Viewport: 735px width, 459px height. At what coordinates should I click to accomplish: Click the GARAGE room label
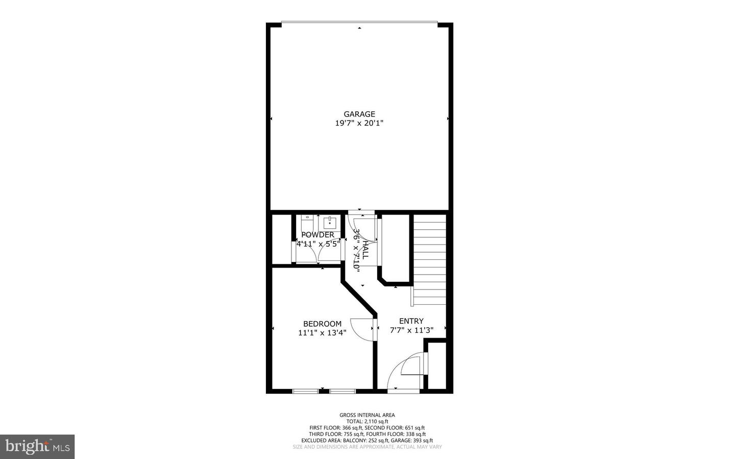click(359, 114)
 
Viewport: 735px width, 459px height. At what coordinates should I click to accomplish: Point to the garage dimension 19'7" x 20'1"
click(359, 123)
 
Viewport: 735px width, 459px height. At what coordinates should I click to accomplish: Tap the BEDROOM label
click(322, 324)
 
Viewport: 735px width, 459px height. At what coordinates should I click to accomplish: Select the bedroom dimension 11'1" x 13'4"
click(322, 333)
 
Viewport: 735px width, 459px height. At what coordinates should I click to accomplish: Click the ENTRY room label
click(411, 321)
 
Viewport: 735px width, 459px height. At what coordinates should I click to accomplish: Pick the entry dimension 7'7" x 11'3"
click(411, 330)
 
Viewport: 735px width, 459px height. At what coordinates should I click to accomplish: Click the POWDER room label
click(317, 235)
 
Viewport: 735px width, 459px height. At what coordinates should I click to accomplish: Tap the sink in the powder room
click(330, 223)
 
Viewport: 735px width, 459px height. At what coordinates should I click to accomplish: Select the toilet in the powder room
click(307, 223)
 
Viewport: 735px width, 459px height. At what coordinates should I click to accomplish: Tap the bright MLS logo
click(37, 447)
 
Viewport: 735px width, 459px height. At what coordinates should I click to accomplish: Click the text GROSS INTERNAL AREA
click(367, 415)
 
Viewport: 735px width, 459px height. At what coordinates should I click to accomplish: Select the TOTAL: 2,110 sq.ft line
click(367, 421)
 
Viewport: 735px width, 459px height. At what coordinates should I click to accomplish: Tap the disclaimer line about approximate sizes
click(367, 447)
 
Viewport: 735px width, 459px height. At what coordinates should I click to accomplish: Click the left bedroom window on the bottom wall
click(306, 391)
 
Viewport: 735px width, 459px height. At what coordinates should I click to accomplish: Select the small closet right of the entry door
click(436, 366)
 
